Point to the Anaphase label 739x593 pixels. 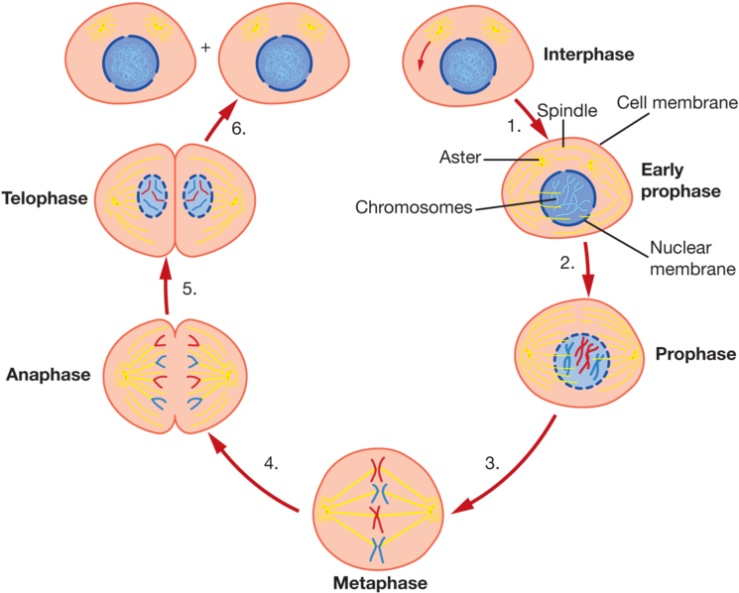(x=49, y=376)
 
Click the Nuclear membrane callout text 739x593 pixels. (x=691, y=259)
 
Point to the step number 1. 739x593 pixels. (x=513, y=126)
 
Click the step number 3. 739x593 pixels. (x=491, y=462)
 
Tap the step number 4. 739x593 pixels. (x=271, y=462)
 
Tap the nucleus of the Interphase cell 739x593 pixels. (x=468, y=65)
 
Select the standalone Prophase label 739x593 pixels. (x=695, y=354)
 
